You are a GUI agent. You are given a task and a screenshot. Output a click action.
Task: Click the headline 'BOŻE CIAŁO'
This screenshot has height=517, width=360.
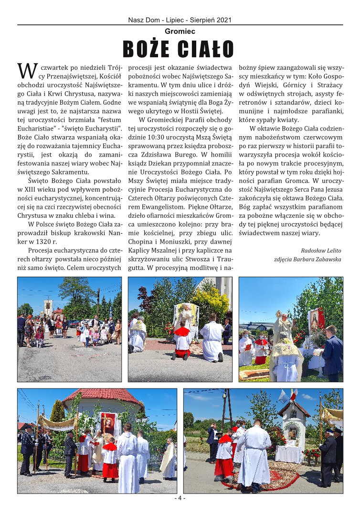(x=179, y=49)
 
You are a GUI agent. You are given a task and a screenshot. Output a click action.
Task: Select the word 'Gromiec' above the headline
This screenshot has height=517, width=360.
(x=180, y=32)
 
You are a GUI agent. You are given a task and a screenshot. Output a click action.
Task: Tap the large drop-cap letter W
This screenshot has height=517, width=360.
(x=27, y=70)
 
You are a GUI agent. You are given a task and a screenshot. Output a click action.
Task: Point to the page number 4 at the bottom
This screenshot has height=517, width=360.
(x=180, y=498)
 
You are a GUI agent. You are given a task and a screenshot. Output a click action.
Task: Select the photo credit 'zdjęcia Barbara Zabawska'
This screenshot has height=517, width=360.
(x=308, y=259)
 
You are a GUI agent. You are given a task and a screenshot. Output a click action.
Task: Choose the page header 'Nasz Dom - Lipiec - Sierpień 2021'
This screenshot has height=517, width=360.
(x=180, y=20)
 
